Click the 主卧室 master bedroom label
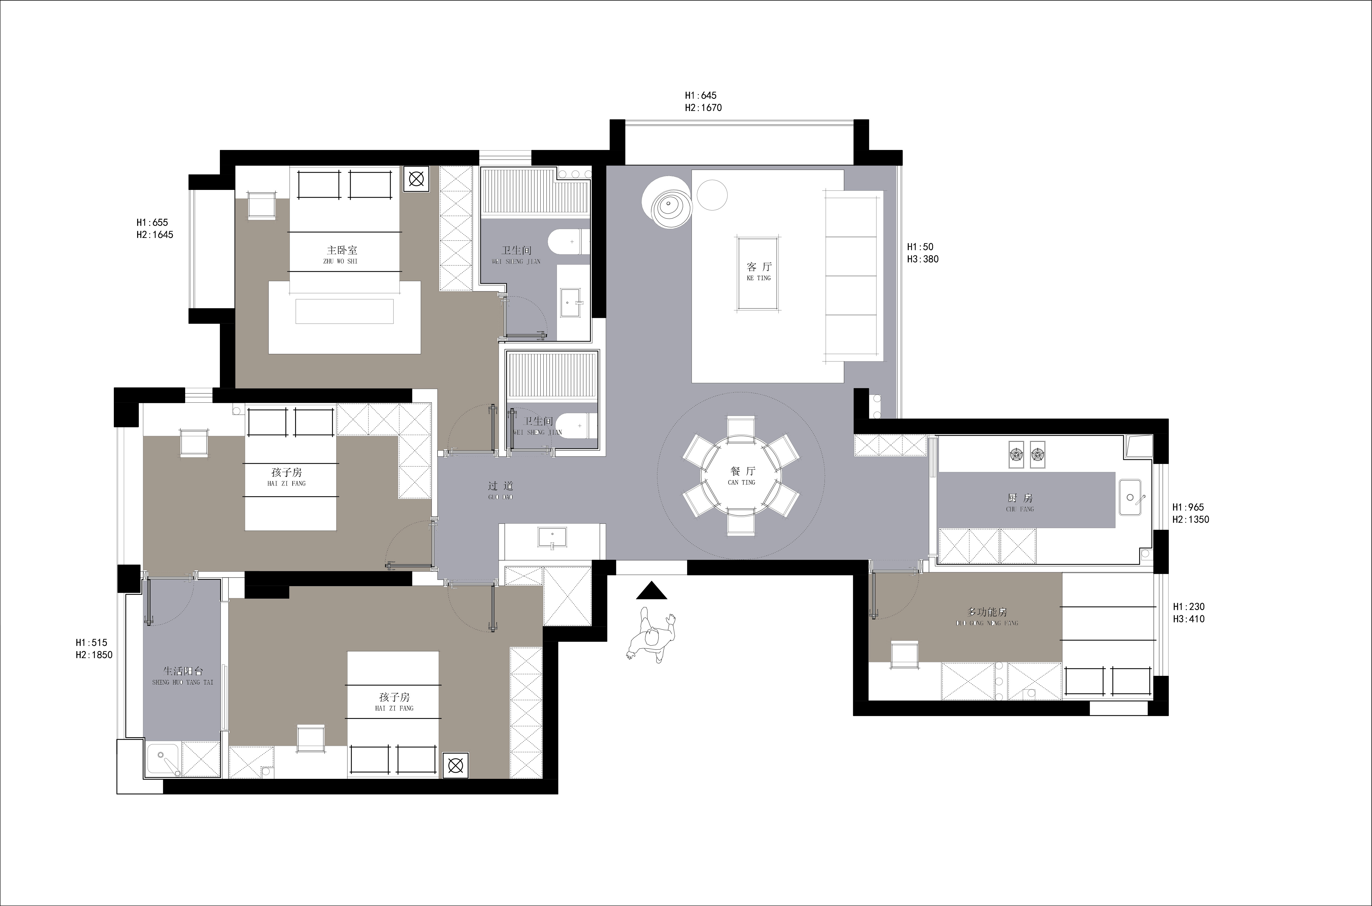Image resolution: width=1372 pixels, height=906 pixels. [x=342, y=250]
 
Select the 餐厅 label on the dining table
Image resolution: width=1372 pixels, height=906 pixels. [x=742, y=471]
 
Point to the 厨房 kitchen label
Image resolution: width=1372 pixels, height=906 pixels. [x=1020, y=498]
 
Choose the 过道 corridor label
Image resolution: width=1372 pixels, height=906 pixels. [x=500, y=486]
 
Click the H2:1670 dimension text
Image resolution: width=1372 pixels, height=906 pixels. [x=703, y=107]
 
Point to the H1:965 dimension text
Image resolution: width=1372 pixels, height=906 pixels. [x=1188, y=507]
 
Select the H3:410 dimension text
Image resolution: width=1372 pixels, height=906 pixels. [x=1189, y=619]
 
